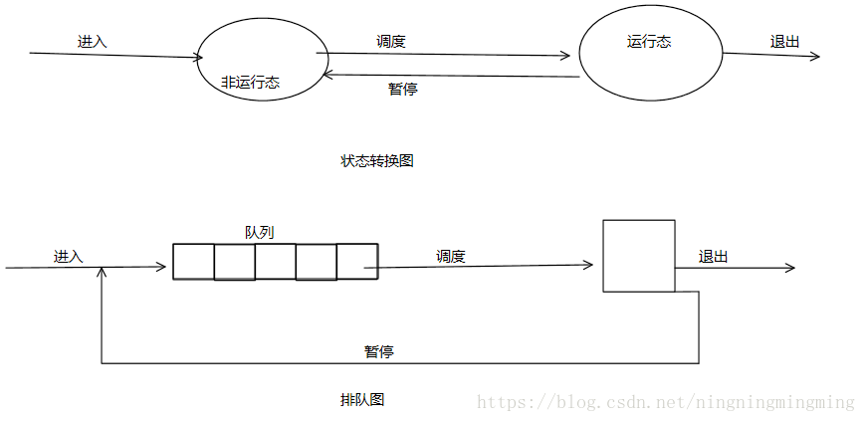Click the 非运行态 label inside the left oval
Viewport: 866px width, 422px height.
coord(250,83)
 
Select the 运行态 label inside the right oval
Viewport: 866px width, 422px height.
coord(650,42)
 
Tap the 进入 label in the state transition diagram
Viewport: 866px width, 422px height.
coord(92,42)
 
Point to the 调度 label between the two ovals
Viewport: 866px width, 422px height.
coord(391,42)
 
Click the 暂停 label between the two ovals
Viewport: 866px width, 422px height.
coord(402,89)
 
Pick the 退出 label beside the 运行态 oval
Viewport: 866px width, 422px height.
coord(784,42)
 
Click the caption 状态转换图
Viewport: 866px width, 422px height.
coord(376,160)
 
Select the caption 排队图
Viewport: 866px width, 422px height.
coord(362,400)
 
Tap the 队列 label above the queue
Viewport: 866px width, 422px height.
coord(259,232)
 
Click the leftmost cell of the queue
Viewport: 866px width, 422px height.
coord(193,261)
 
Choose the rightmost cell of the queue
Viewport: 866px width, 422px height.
coord(356,261)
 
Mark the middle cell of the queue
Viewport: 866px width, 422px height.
coord(275,261)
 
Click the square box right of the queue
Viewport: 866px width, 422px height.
coord(638,256)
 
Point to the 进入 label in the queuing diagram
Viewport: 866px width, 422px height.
coord(68,256)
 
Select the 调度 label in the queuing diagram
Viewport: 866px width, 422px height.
coord(451,256)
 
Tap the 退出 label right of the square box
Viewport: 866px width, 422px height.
coord(713,256)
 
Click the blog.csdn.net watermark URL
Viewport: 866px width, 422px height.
coord(665,402)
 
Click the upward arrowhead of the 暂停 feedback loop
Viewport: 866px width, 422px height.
coord(102,273)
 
